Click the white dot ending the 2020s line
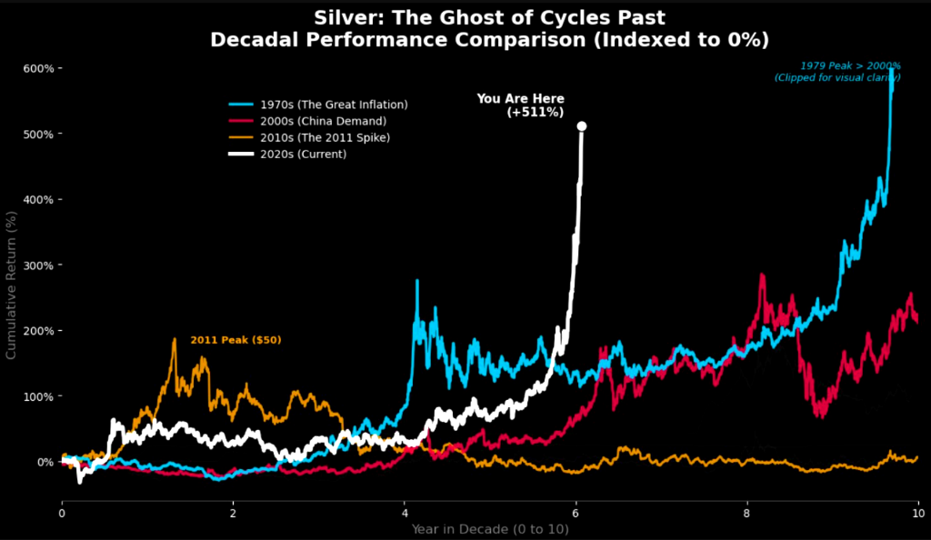582,126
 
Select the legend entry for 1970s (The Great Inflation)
333,105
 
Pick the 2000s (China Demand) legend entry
323,121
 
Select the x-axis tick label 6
576,512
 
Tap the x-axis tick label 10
917,512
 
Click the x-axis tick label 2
233,512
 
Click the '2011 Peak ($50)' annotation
235,340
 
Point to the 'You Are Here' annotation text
520,99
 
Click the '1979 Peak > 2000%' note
850,66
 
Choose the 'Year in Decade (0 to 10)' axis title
489,528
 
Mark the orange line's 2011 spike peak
174,339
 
